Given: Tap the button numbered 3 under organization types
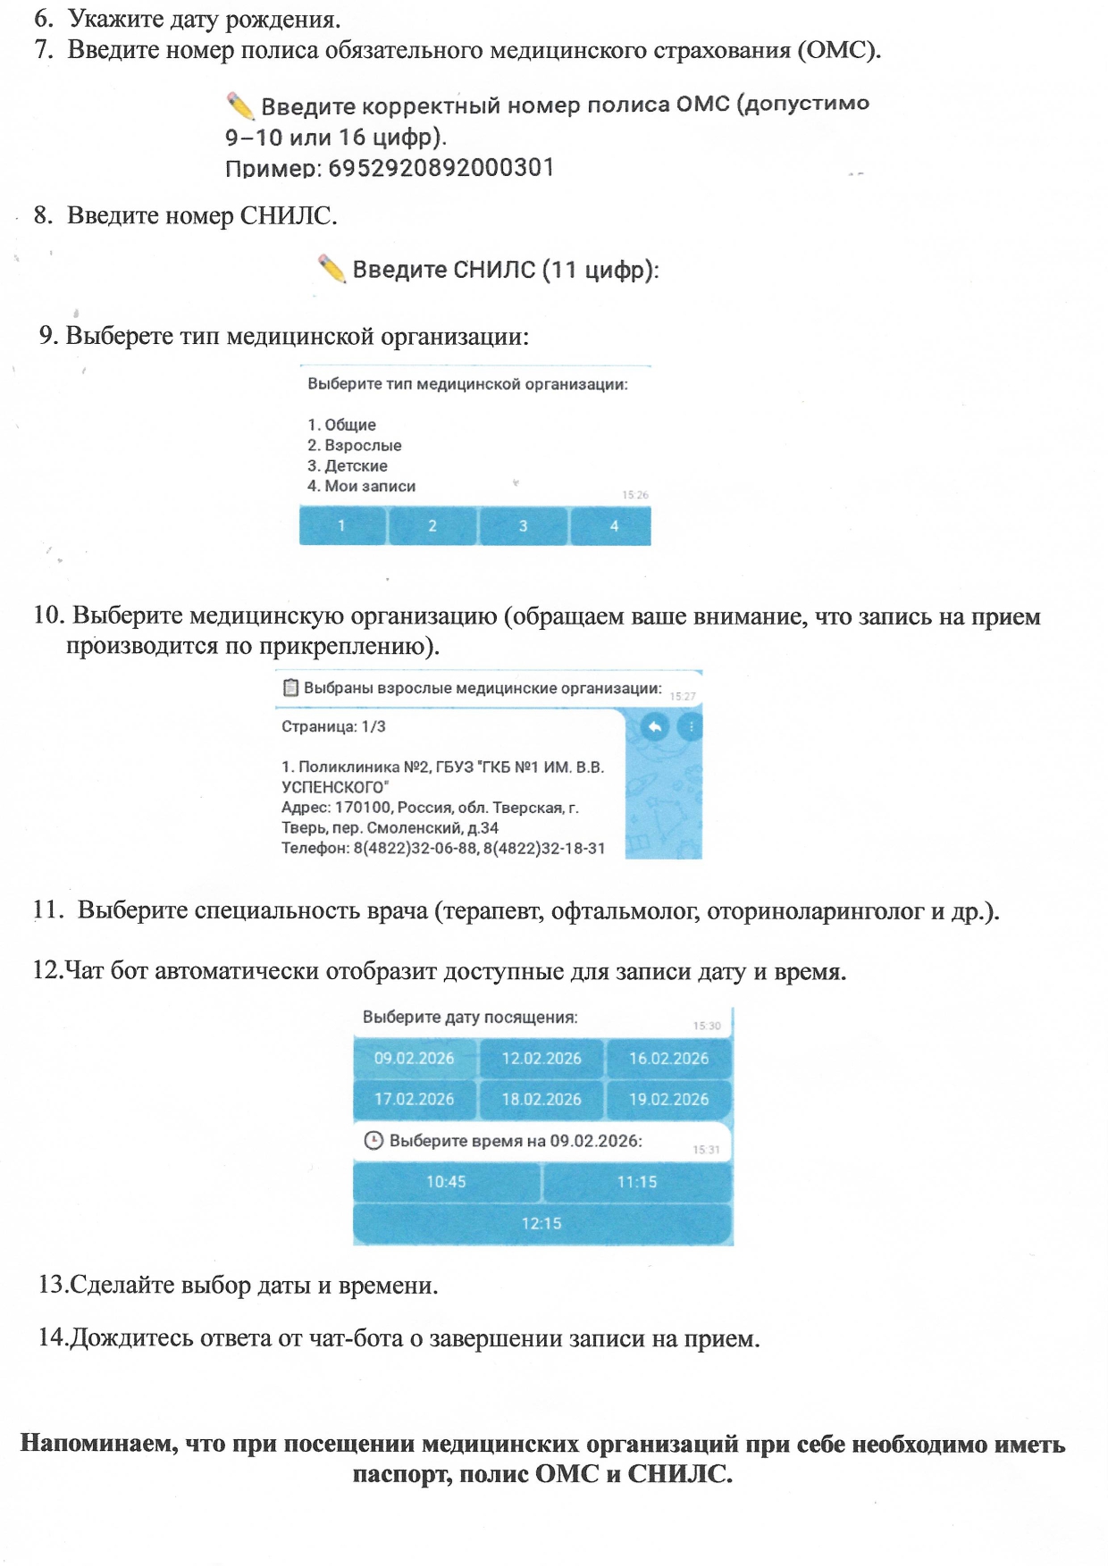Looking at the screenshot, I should coord(524,526).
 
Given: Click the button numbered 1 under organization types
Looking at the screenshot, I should coord(342,526).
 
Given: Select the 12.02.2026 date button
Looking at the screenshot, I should coord(541,1059).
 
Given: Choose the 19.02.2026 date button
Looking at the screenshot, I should coord(668,1100).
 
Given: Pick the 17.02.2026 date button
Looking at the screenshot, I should coord(415,1100).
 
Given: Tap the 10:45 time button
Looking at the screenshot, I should coord(446,1182).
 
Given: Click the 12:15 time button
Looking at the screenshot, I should coord(541,1223).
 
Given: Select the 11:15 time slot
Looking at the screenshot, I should coord(636,1182).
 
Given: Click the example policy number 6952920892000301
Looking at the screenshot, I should coord(441,168).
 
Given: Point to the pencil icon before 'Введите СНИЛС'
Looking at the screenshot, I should coord(332,268).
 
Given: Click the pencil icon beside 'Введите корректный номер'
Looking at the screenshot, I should coord(239,106).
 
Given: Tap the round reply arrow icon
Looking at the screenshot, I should coord(655,727).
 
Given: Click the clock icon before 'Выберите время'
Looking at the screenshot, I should coord(374,1141).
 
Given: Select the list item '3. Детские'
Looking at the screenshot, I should coord(348,465).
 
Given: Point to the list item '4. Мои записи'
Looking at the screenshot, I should coord(362,486).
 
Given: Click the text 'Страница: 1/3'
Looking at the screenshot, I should coord(333,726).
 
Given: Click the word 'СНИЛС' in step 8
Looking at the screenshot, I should coord(286,216).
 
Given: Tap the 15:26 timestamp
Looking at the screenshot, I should coord(635,495).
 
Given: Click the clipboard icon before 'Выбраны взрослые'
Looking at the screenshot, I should coord(290,688).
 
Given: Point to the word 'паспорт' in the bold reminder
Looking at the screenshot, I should coord(401,1474).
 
